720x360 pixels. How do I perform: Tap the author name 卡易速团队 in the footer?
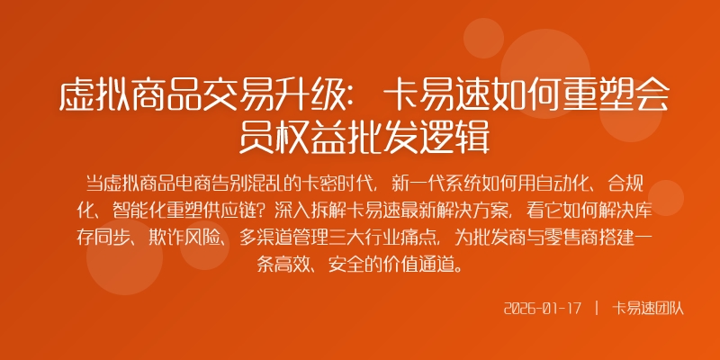(x=648, y=308)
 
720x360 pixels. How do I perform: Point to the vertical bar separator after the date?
(x=597, y=308)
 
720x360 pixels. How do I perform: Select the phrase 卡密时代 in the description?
(x=332, y=182)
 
